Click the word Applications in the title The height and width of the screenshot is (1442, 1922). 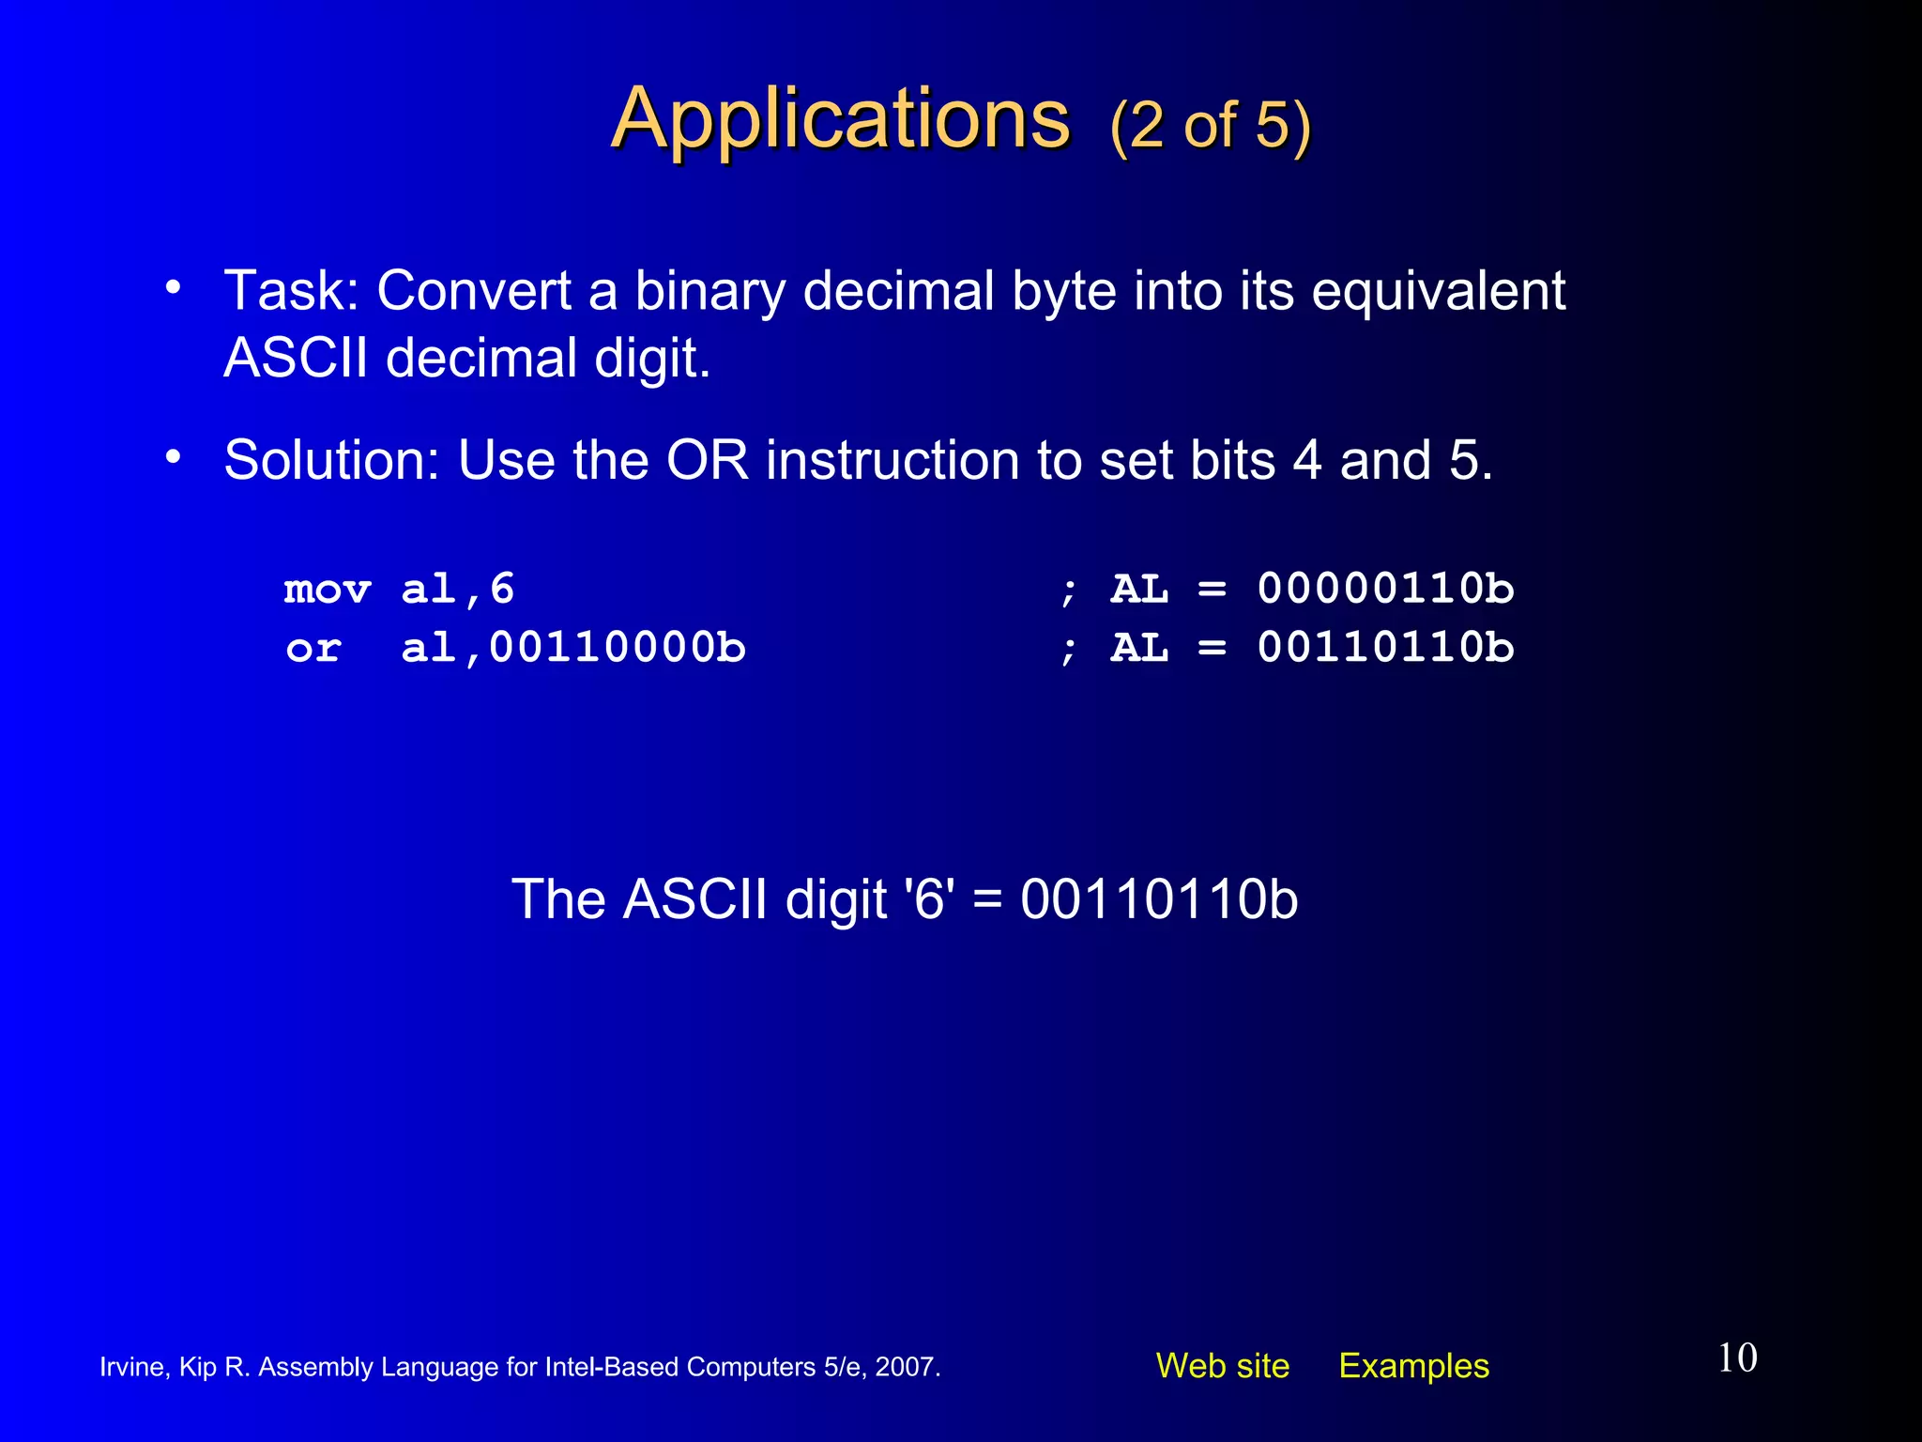(840, 119)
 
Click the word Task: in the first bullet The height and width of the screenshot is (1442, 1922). (292, 290)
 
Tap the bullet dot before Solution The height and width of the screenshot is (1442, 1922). (173, 457)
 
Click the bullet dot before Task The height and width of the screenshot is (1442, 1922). (173, 287)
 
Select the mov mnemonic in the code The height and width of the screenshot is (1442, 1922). (328, 591)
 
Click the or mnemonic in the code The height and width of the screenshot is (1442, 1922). (313, 649)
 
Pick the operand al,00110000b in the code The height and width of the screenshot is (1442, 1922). (573, 649)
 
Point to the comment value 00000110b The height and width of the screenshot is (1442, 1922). (1385, 590)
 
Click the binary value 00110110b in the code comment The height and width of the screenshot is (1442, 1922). (1385, 649)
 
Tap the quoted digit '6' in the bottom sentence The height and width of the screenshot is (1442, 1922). (929, 899)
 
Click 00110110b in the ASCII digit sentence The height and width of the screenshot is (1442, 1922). (1159, 899)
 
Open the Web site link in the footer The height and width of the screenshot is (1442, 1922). (1222, 1366)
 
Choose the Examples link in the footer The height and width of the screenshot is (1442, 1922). (1413, 1366)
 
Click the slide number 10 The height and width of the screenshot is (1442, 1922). (1737, 1358)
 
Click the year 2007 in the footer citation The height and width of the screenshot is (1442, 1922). (906, 1367)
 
